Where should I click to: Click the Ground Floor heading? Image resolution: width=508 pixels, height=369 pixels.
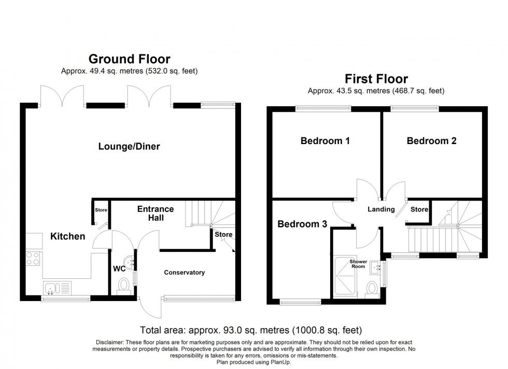129,59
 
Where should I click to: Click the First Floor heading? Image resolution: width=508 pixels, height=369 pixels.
376,79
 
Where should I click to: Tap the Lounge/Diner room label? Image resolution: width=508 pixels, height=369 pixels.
129,147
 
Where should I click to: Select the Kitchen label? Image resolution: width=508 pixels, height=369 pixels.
67,236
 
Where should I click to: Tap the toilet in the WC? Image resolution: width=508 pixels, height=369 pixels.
124,285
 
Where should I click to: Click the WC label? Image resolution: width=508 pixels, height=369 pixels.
119,269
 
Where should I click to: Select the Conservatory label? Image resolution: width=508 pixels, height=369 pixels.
185,273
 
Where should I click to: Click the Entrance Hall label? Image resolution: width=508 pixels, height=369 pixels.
155,213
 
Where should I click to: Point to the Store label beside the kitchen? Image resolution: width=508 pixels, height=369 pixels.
101,210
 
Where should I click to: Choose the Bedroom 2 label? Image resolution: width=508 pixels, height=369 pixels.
431,140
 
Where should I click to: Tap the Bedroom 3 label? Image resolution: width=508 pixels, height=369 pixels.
302,224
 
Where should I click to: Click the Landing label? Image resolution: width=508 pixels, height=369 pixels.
381,209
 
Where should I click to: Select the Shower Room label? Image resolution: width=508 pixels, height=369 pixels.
358,264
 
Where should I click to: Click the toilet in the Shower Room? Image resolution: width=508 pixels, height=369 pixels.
371,288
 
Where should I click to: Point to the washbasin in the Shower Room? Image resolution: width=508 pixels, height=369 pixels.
376,268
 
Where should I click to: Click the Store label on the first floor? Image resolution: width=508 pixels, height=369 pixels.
419,209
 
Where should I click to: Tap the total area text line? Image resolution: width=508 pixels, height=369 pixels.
251,330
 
